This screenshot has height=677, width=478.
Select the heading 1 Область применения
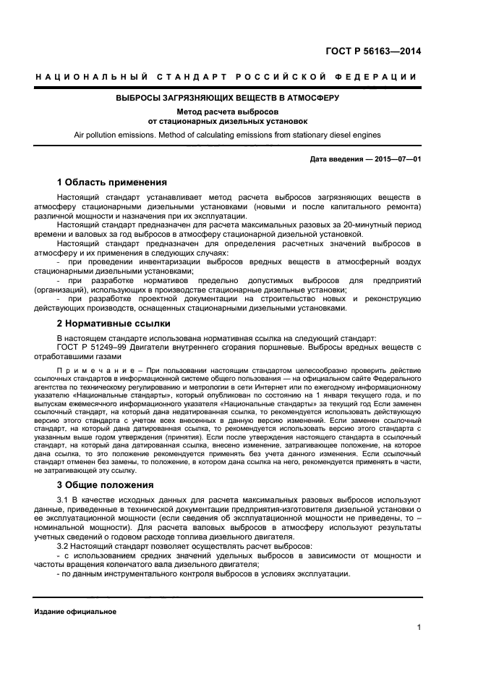[x=111, y=182]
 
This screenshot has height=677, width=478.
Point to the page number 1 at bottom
[x=419, y=628]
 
